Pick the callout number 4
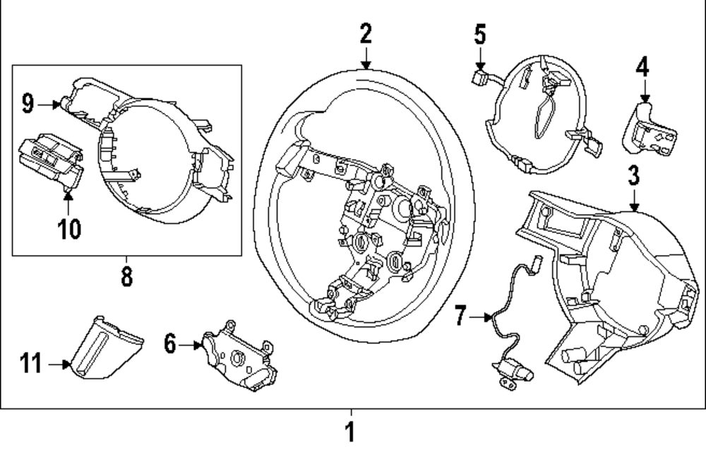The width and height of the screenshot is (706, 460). [x=642, y=67]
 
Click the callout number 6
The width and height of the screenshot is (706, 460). [x=169, y=344]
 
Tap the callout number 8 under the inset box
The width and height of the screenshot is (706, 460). [x=126, y=276]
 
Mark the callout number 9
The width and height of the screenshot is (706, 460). [x=28, y=105]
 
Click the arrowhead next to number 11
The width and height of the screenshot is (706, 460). [x=67, y=365]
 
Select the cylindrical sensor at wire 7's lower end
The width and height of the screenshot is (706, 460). [x=512, y=368]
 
